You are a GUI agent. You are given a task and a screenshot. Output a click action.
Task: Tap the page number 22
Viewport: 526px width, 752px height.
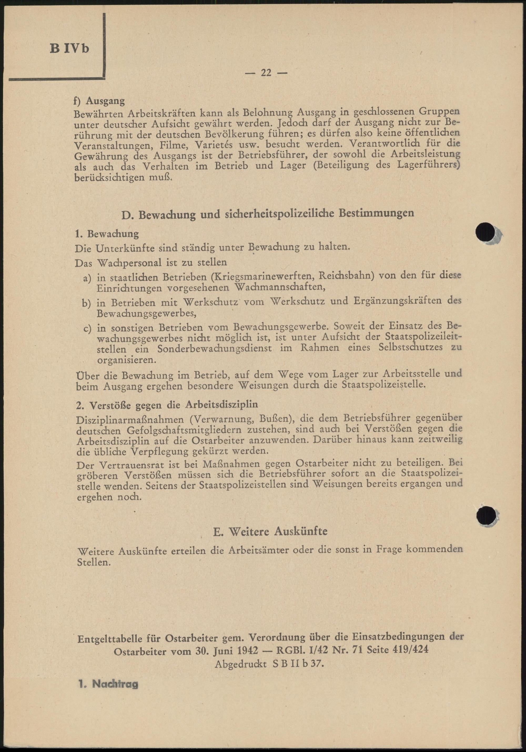266,73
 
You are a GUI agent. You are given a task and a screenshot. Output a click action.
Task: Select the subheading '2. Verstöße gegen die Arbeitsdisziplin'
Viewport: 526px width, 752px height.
167,405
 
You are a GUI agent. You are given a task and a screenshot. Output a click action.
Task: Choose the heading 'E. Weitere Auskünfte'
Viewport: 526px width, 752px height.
270,531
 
